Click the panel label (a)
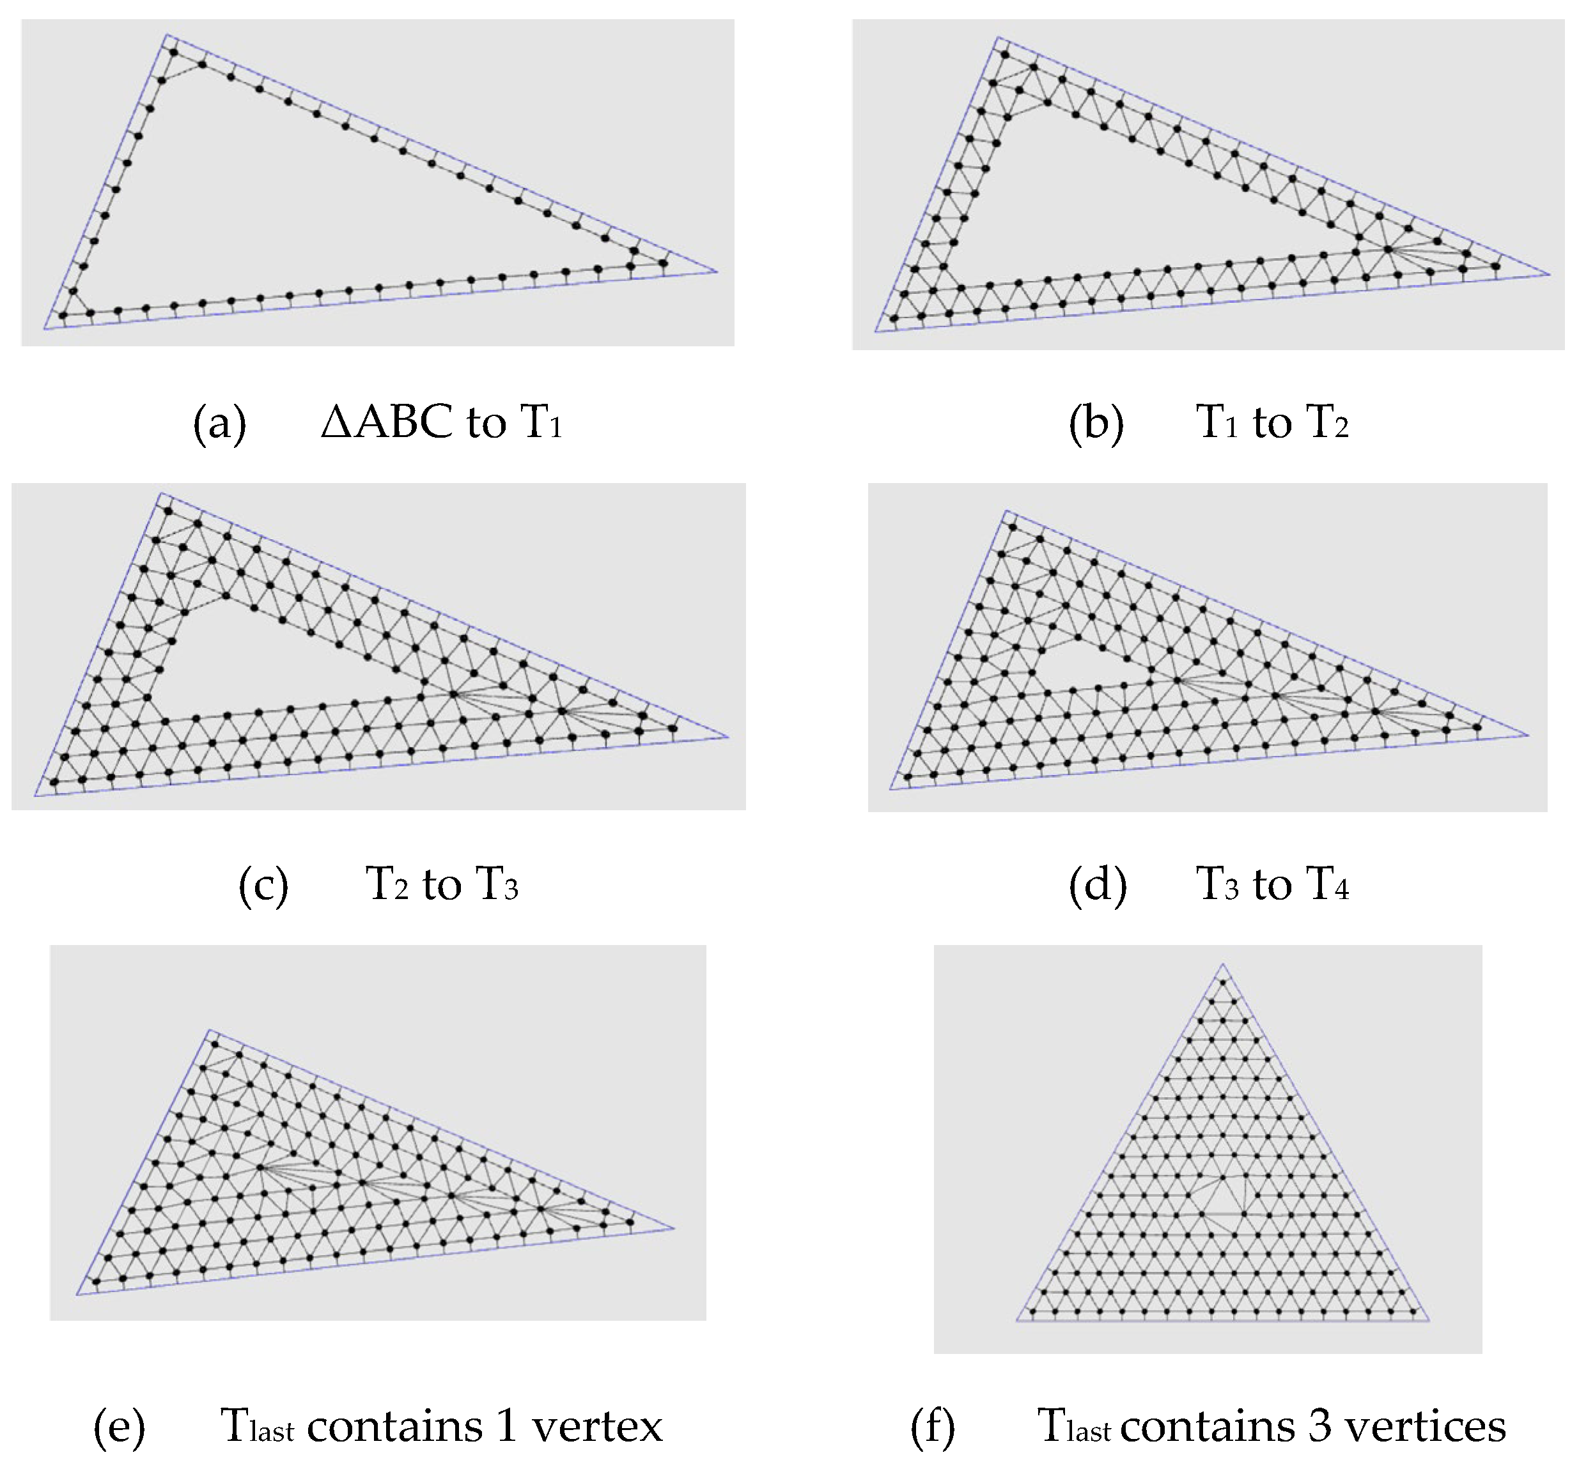point(219,422)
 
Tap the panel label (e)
point(119,1427)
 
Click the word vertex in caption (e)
point(596,1427)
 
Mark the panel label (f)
point(933,1427)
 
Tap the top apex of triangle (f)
point(1222,965)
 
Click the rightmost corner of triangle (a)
point(717,272)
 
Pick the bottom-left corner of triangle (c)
point(35,796)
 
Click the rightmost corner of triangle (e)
point(674,1227)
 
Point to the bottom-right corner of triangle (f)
point(1429,1321)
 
